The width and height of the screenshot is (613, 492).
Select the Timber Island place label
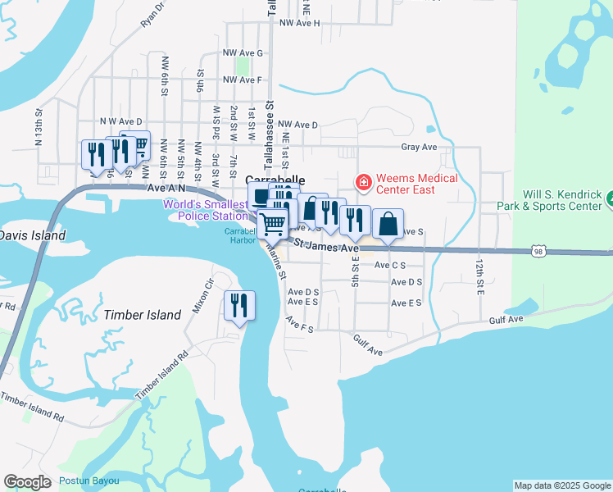coord(143,315)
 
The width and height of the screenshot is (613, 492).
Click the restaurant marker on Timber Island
coord(240,307)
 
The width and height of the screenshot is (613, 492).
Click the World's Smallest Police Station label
coord(205,210)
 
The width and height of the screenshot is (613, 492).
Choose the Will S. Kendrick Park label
coord(553,201)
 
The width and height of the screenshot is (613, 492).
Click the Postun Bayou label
coord(89,481)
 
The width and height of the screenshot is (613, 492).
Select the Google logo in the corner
coord(27,482)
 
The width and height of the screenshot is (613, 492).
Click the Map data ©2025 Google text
coord(561,485)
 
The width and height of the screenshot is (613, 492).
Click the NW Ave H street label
coord(299,24)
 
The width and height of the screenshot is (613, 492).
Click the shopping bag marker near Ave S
coord(388,224)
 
